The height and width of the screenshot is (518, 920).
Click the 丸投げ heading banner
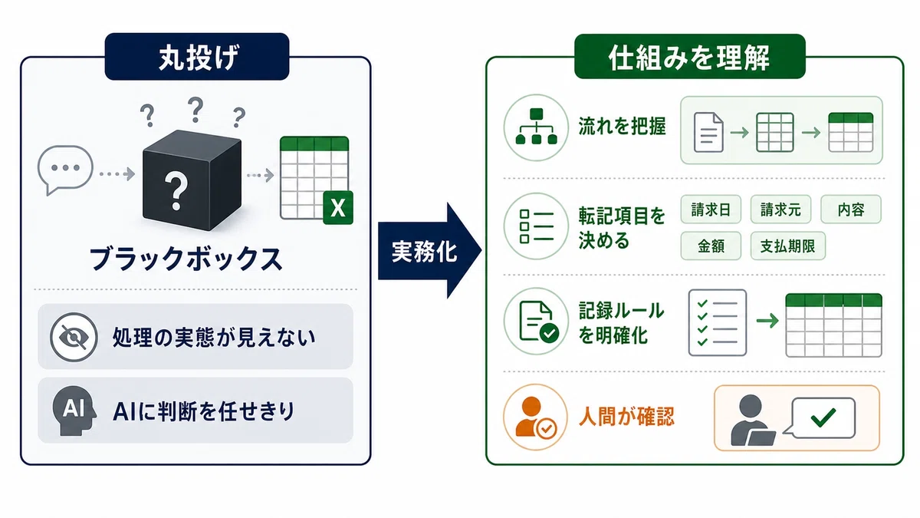coord(197,56)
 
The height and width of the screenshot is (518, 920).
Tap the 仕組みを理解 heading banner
coord(689,56)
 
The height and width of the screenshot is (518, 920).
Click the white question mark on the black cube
coord(176,190)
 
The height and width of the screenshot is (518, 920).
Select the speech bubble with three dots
coord(65,170)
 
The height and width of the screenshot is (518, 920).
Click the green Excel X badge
coord(338,208)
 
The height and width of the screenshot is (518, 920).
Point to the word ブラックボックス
coord(186,259)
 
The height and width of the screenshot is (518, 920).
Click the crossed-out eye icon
coord(74,337)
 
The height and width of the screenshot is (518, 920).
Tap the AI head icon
coord(74,411)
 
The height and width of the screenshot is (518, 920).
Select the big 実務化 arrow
coord(429,250)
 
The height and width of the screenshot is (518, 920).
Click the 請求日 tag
coord(711,210)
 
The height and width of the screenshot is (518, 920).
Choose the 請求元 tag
coord(780,210)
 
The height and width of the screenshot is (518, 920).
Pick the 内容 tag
coord(851,210)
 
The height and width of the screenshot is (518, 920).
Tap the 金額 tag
coord(711,246)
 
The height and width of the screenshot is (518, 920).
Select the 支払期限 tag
coord(788,246)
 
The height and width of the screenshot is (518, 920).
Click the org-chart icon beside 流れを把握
coord(536,127)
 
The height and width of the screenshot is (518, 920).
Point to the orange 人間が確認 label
coord(626,417)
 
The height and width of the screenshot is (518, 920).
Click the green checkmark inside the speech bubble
coord(823,417)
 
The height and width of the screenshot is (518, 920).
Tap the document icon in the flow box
coord(708,132)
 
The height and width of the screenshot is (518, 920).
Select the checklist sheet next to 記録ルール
coord(717,323)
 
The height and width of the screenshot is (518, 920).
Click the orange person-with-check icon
coord(536,417)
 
